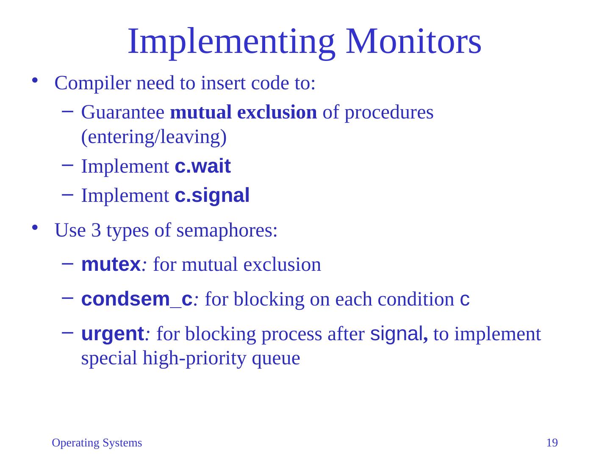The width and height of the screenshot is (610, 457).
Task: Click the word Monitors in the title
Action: tap(413, 41)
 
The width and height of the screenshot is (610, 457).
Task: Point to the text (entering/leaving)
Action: tap(154, 138)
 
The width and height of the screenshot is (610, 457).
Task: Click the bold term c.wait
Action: tap(202, 167)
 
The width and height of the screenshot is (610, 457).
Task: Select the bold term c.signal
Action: tap(212, 195)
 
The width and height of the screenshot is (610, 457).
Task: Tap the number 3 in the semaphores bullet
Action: tap(96, 231)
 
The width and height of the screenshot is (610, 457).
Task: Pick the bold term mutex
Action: tap(110, 265)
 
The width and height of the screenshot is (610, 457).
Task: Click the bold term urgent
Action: tap(113, 334)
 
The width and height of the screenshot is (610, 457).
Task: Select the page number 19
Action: tap(552, 443)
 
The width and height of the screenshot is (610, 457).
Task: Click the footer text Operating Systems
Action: tap(97, 443)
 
